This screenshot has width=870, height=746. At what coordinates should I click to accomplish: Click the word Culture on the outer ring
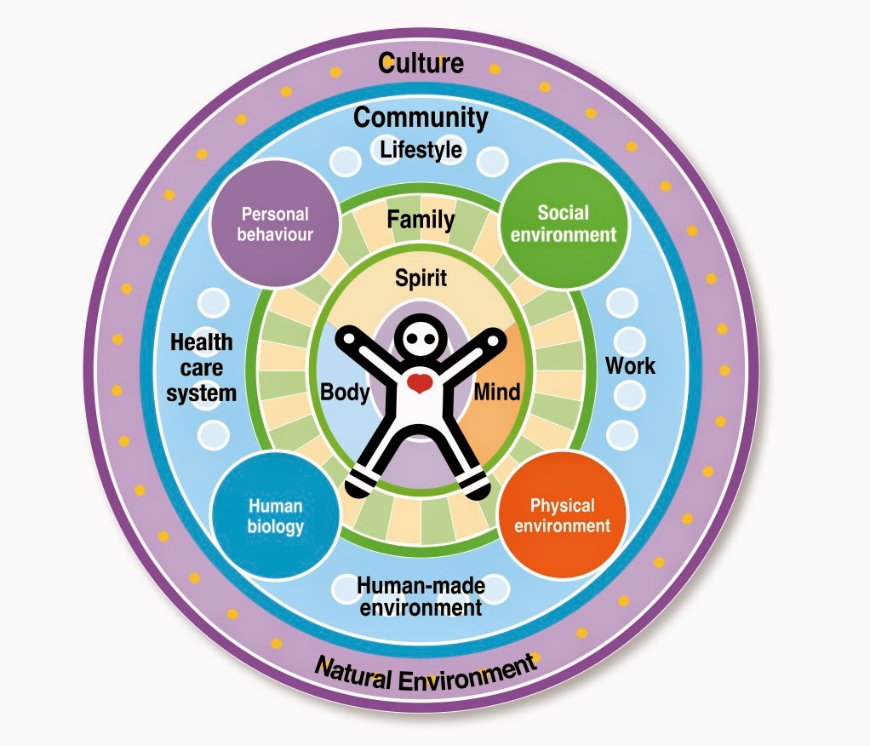click(421, 63)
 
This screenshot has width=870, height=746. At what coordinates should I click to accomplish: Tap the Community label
click(421, 118)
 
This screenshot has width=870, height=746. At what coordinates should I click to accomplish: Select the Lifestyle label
click(421, 151)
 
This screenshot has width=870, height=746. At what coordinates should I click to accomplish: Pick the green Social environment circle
click(563, 223)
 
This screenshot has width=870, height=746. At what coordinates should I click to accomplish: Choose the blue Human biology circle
click(275, 516)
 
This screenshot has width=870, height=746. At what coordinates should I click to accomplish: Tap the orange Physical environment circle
click(562, 516)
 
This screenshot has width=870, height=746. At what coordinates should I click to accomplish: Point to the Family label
click(421, 220)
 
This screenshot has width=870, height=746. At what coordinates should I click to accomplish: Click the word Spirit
click(421, 278)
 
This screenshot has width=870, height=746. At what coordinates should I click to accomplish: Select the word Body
click(345, 393)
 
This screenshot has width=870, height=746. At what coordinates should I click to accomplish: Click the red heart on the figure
click(419, 382)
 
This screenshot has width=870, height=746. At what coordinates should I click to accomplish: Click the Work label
click(630, 366)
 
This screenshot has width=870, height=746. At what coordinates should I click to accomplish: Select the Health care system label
click(201, 368)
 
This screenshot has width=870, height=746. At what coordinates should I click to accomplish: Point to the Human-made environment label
click(420, 596)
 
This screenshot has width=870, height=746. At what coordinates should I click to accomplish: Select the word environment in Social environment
click(563, 234)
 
